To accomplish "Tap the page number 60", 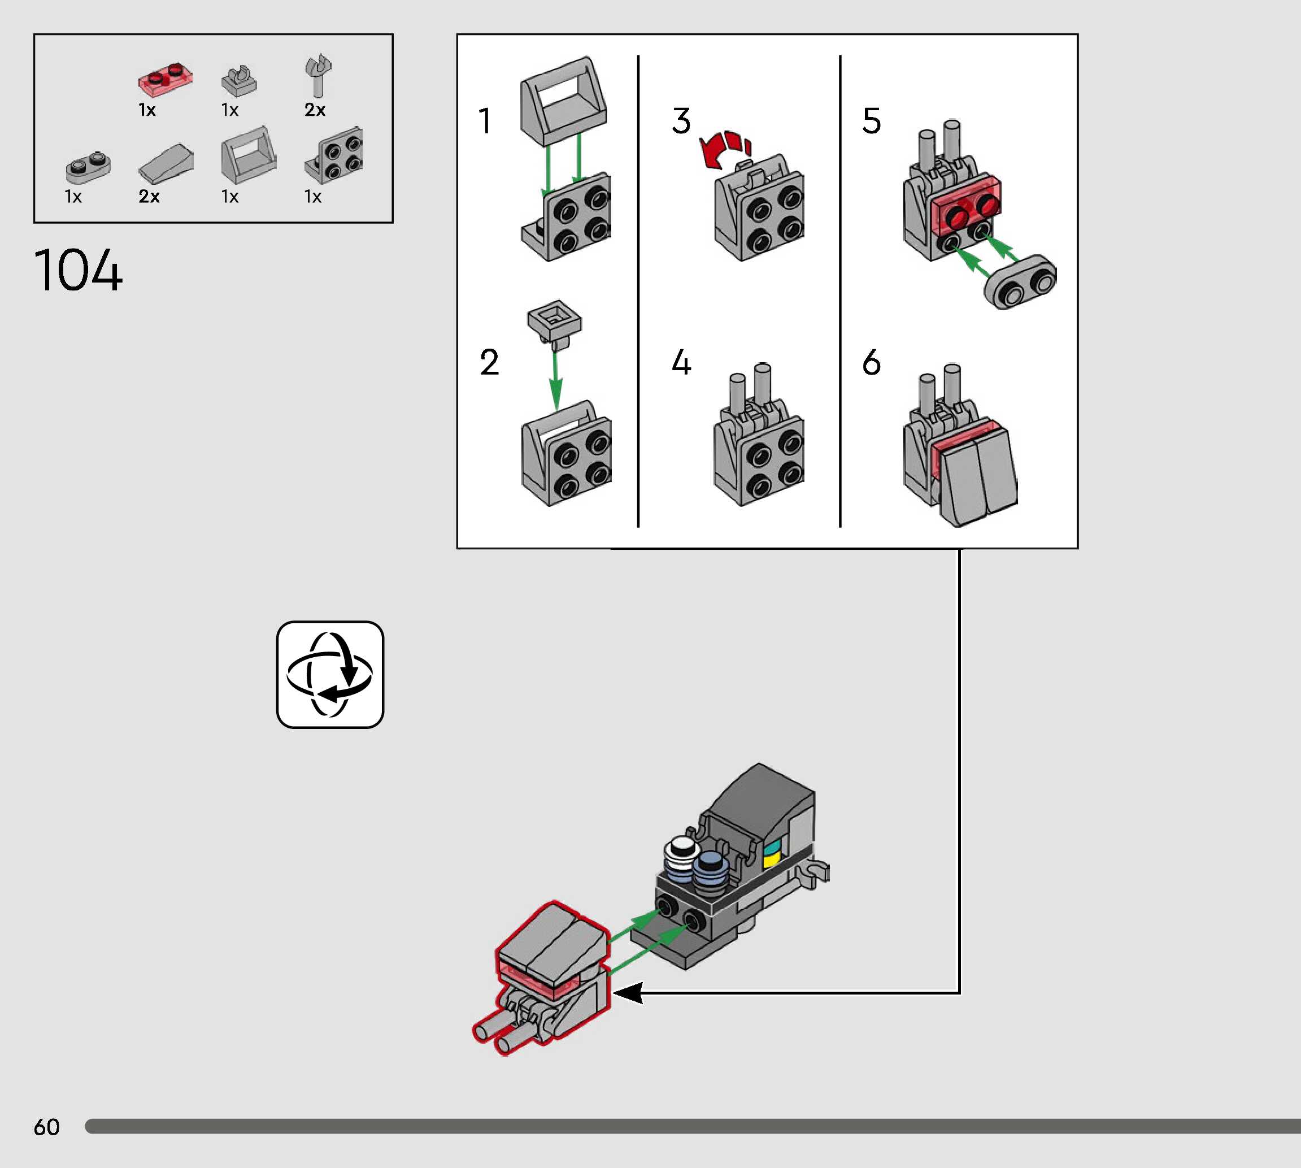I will coord(46,1127).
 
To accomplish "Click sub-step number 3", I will coord(681,121).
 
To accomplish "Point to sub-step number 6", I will coord(871,363).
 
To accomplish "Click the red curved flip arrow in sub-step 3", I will coord(723,149).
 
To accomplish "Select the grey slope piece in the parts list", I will coord(166,164).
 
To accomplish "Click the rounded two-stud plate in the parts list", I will coord(88,166).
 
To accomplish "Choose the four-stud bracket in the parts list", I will coord(334,156).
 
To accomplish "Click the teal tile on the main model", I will coord(772,846).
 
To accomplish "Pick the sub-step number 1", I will coord(485,121).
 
